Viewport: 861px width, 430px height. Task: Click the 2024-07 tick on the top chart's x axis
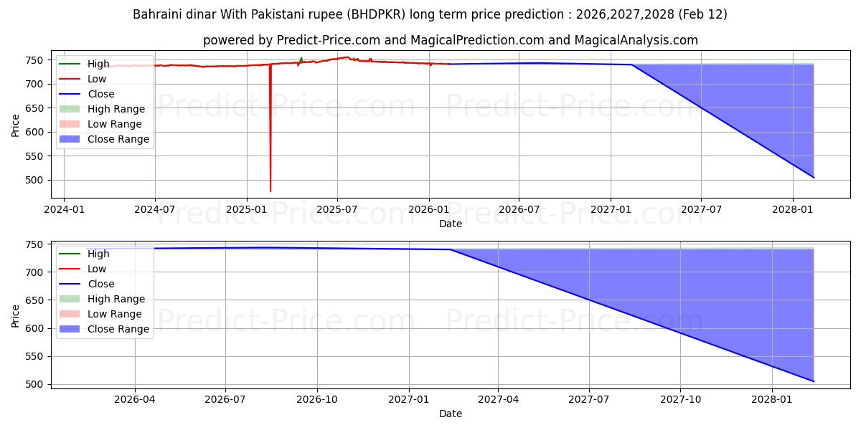pos(155,209)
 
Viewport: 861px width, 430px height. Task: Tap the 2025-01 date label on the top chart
pos(247,209)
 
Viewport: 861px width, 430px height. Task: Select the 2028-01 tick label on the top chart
pos(793,209)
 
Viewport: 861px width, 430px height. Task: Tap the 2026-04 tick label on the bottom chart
pos(135,399)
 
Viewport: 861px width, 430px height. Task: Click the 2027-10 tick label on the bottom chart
pos(681,399)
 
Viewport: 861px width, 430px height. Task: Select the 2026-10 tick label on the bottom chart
pos(317,399)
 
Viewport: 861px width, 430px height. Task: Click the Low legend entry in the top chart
pos(97,79)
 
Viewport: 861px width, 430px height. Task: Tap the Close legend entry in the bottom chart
pos(101,284)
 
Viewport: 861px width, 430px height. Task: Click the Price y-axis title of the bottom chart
pos(16,315)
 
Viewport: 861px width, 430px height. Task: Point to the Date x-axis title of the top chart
pos(451,224)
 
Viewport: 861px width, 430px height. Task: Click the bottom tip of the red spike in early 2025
pos(270,191)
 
